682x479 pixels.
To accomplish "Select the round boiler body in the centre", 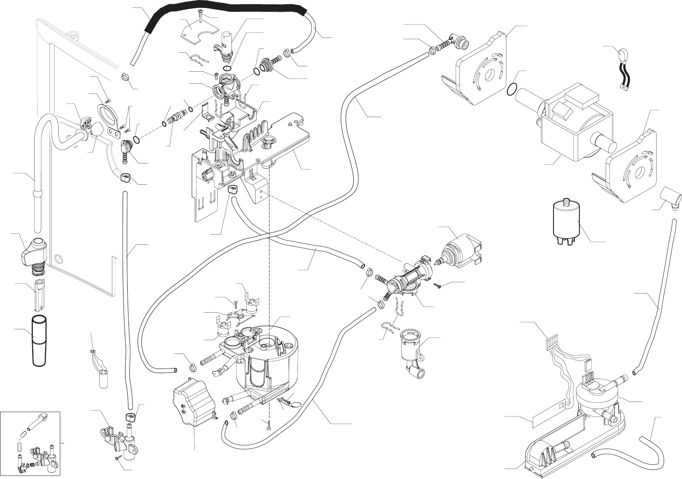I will click(267, 359).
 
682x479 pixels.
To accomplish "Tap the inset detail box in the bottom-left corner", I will click(30, 443).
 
